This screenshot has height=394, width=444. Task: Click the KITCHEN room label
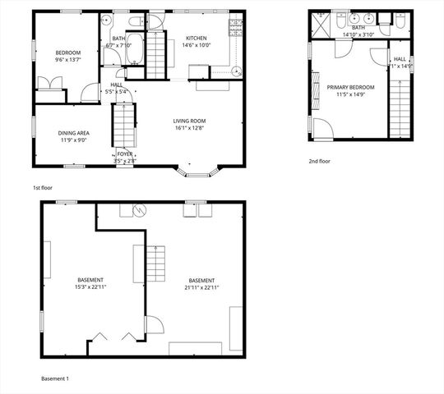(x=197, y=38)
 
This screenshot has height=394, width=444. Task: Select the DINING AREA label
(x=73, y=132)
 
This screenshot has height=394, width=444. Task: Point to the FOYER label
(x=124, y=153)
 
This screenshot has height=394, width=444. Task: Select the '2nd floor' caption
(x=320, y=162)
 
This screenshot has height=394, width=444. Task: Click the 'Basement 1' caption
(x=55, y=378)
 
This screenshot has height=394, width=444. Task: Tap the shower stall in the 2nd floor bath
(x=320, y=25)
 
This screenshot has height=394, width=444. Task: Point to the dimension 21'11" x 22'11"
(x=201, y=287)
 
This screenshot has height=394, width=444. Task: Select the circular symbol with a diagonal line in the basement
(x=140, y=210)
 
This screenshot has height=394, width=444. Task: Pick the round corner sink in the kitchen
(x=238, y=69)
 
